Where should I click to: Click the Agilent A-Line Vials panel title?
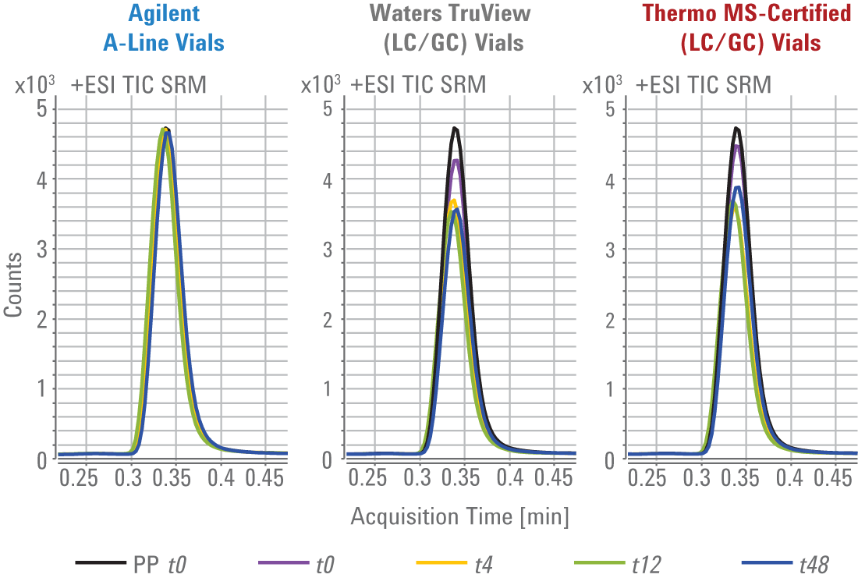164,27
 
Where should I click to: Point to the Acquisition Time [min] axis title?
459,516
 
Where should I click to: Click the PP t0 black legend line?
100,562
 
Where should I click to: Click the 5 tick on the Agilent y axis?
41,108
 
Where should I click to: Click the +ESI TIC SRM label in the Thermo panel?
704,84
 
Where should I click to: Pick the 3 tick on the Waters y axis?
328,249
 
